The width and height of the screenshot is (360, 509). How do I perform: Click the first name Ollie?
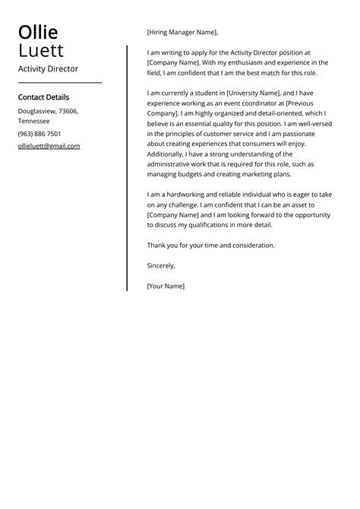tap(38, 33)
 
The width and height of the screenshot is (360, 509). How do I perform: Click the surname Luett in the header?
tap(41, 51)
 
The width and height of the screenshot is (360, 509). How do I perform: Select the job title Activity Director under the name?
tap(48, 68)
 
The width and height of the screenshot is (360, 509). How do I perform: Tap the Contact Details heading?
tap(43, 97)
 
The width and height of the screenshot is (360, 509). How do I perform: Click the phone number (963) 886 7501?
tap(39, 134)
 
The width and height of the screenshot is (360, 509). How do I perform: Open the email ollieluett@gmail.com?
tap(49, 146)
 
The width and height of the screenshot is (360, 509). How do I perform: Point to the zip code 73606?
tap(68, 111)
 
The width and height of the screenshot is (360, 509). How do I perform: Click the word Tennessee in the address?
tap(34, 121)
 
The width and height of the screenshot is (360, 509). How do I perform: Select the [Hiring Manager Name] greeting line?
tap(182, 33)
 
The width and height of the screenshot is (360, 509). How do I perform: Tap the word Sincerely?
tap(161, 266)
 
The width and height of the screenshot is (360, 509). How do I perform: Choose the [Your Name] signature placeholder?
tap(166, 286)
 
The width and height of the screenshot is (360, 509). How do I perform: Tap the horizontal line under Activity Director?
tap(59, 82)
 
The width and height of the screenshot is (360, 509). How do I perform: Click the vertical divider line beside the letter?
tap(127, 167)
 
